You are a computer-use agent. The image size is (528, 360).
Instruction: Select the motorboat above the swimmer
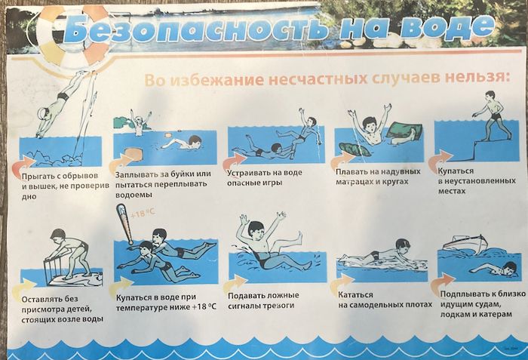tap(465, 244)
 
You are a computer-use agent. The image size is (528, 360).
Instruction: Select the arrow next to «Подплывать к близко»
tap(441, 283)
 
